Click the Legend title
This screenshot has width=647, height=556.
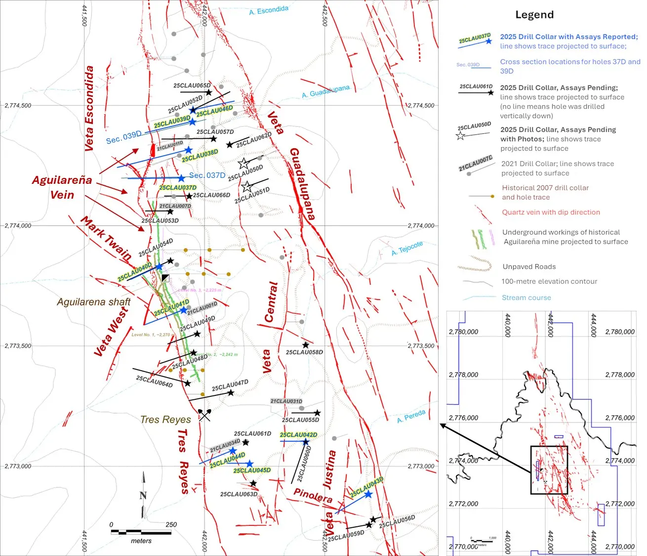[x=534, y=15]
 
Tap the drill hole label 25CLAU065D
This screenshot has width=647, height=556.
[x=192, y=86]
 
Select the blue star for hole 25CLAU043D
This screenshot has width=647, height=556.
[x=368, y=494]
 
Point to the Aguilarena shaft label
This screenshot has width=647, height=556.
[x=93, y=302]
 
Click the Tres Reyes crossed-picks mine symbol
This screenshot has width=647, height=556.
[x=204, y=415]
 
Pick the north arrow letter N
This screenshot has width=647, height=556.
[x=143, y=496]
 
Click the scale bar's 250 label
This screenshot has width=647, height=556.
[x=171, y=525]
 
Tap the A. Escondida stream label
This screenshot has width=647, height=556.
[x=269, y=10]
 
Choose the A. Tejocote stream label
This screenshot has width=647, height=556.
[x=407, y=249]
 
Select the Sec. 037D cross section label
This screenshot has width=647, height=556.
[x=207, y=175]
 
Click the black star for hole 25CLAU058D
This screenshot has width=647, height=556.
[x=306, y=345]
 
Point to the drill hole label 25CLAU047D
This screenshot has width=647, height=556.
[x=230, y=385]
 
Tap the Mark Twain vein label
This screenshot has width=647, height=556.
[x=106, y=239]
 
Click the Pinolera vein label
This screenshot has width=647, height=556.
[x=313, y=495]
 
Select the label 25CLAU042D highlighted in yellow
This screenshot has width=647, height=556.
[x=298, y=435]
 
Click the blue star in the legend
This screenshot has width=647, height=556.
[x=488, y=42]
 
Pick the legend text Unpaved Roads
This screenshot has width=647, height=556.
[x=529, y=267]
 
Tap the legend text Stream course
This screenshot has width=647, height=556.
[x=526, y=298]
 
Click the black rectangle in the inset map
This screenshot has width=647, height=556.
[x=549, y=470]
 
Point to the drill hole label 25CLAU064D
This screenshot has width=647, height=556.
[x=154, y=382]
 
